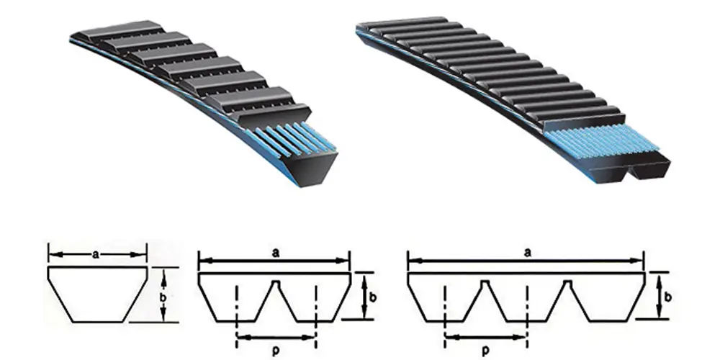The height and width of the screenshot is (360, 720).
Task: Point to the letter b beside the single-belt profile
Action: pos(165,296)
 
